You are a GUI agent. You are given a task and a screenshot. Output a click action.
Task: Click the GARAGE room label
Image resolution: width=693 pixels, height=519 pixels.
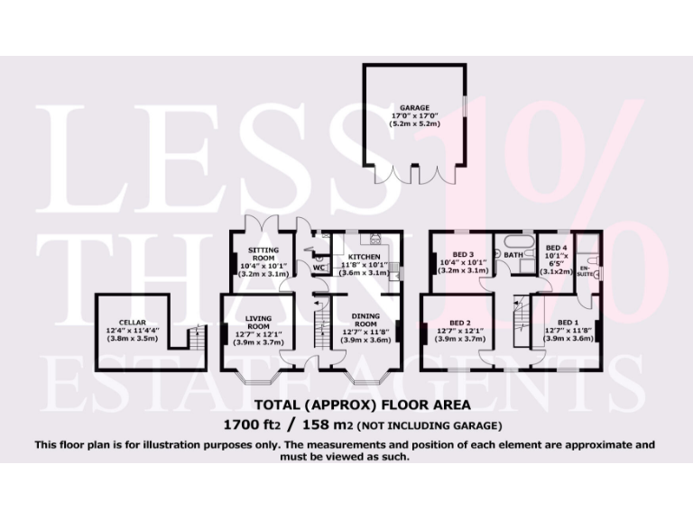pyautogui.click(x=416, y=107)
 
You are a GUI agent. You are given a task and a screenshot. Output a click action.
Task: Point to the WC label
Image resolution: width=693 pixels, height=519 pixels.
pyautogui.click(x=319, y=268)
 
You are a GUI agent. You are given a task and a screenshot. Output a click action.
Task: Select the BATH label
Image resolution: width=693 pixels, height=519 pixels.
pyautogui.click(x=513, y=255)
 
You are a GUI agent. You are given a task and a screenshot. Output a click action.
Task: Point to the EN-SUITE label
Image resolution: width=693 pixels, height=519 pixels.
pyautogui.click(x=585, y=270)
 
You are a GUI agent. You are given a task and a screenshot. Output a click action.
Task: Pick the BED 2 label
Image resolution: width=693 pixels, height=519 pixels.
pyautogui.click(x=460, y=322)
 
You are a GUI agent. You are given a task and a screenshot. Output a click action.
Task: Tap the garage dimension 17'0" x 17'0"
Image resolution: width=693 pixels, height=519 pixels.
pyautogui.click(x=416, y=115)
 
